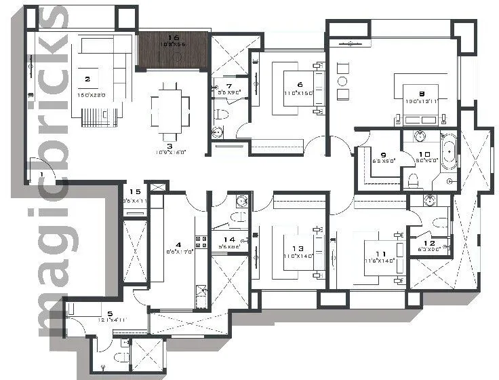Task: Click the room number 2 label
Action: [x=87, y=79]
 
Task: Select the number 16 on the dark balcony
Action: [x=173, y=38]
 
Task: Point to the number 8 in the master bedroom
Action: [x=421, y=94]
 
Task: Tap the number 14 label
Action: [x=230, y=240]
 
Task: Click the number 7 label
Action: [x=228, y=85]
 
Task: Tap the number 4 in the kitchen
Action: [x=178, y=244]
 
